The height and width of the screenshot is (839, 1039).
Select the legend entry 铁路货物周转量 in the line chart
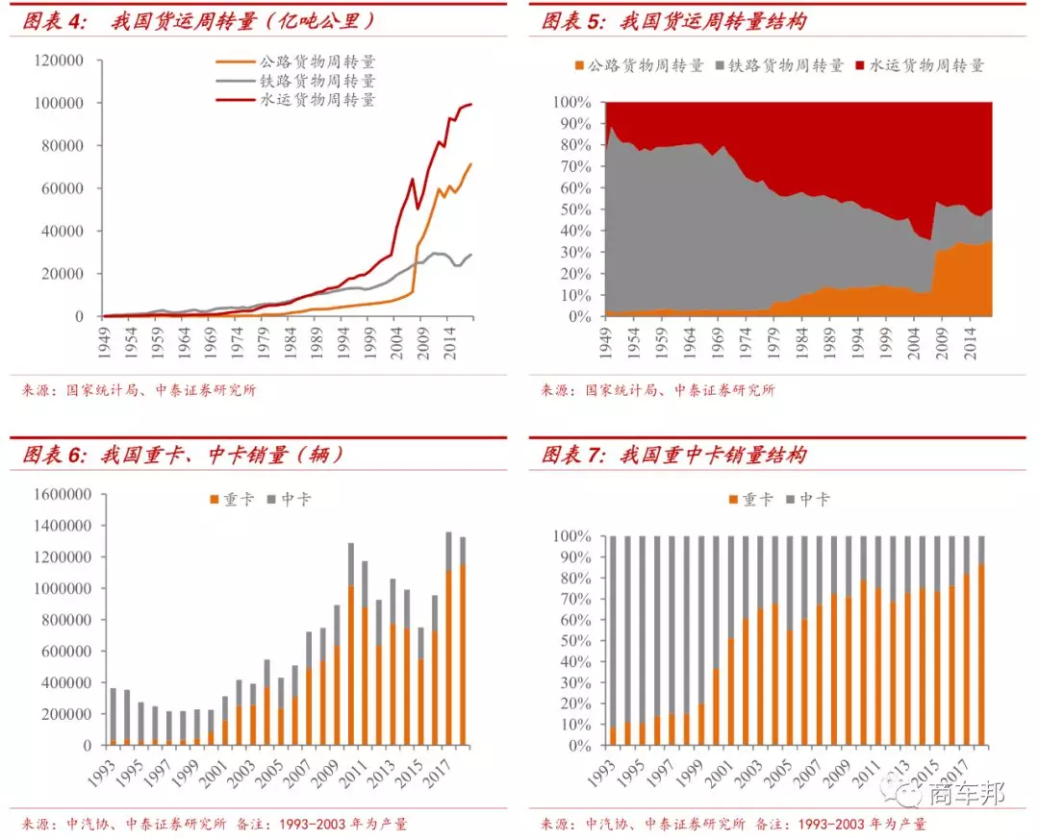pos(317,81)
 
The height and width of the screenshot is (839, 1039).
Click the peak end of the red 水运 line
pos(470,104)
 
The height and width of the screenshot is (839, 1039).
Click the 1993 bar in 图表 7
pos(613,640)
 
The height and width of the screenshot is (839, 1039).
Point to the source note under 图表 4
pos(139,390)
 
